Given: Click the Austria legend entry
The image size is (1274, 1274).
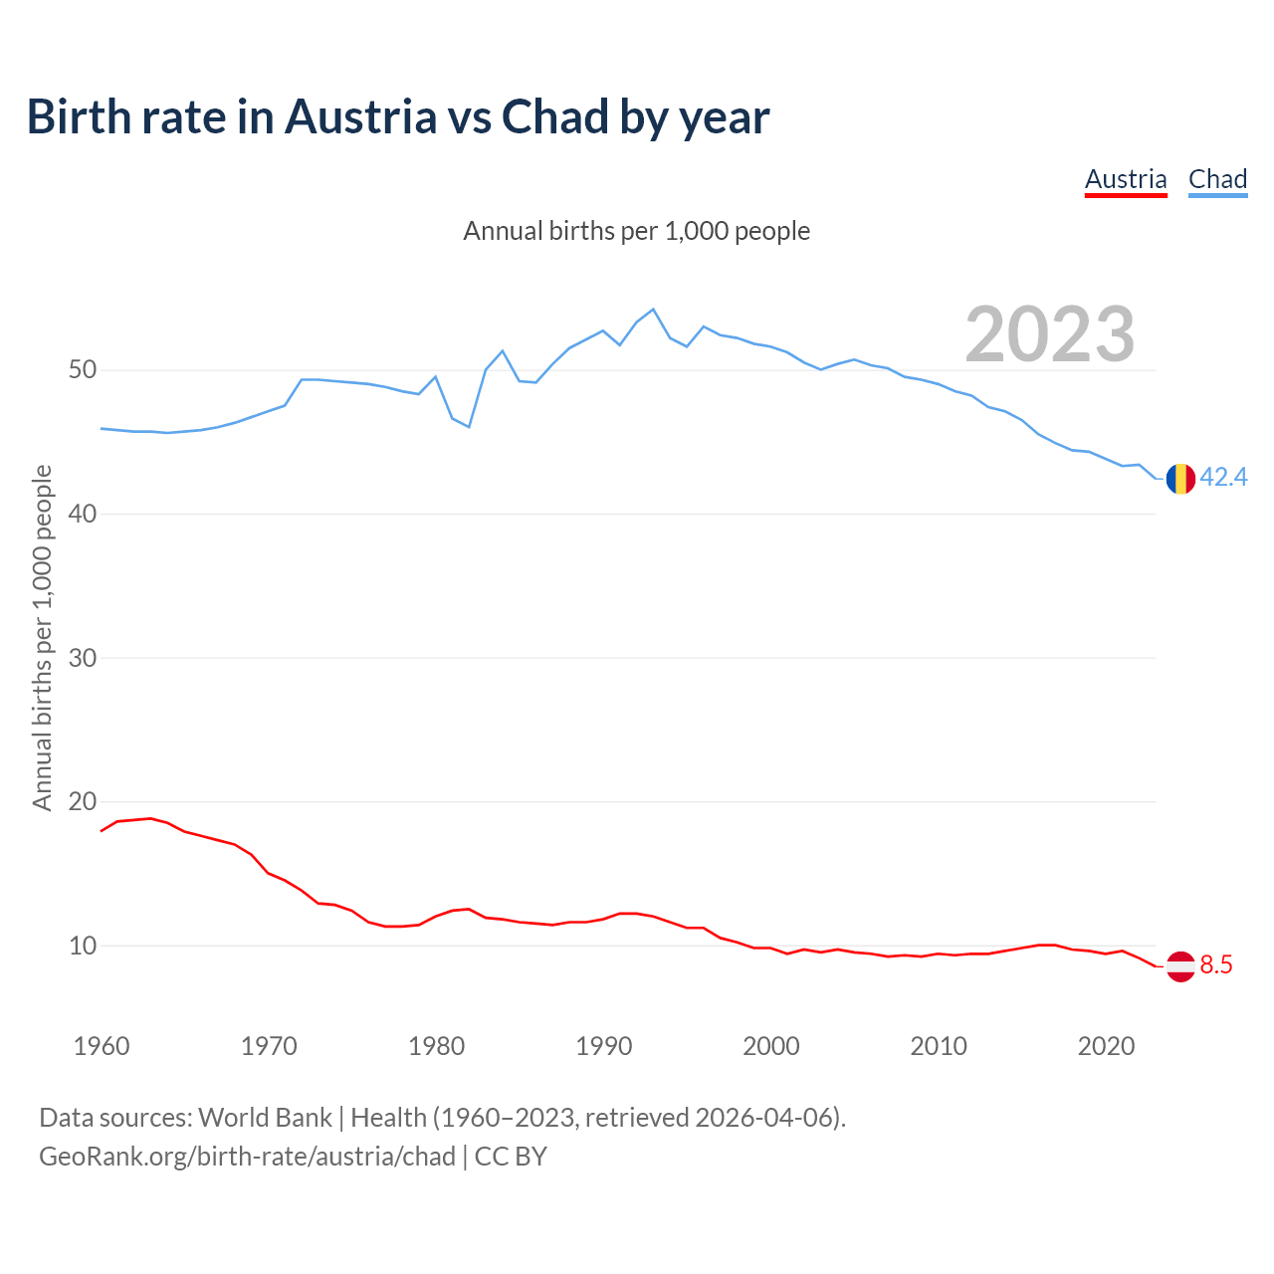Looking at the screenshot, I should click(x=1126, y=179).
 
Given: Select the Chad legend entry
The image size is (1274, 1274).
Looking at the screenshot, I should click(x=1217, y=179).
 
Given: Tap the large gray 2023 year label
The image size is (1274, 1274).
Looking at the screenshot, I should click(x=1050, y=334).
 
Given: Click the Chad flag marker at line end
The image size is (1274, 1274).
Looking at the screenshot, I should click(x=1180, y=479).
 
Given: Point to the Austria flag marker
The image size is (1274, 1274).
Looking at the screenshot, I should click(x=1180, y=965).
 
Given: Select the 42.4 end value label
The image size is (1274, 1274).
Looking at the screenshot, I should click(x=1223, y=478).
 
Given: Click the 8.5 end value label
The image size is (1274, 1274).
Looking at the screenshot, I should click(x=1216, y=964).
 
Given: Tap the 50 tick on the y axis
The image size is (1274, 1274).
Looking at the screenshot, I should click(x=83, y=370).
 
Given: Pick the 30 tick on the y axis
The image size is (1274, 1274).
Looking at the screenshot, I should click(x=83, y=658).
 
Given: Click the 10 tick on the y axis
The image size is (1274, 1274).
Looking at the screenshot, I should click(x=83, y=946).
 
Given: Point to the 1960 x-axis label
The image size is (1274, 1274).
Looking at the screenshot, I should click(x=102, y=1046).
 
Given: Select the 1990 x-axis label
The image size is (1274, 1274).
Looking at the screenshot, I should click(x=604, y=1046).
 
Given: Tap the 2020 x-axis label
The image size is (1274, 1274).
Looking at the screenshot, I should click(x=1106, y=1046).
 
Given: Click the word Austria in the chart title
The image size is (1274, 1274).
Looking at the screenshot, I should click(x=360, y=116).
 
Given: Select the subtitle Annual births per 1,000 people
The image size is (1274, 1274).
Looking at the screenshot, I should click(x=637, y=231).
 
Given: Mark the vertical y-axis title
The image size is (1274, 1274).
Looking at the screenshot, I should click(x=42, y=637).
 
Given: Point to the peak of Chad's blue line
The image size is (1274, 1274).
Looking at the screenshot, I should click(x=653, y=310).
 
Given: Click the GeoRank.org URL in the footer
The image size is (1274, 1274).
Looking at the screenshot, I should click(x=247, y=1156).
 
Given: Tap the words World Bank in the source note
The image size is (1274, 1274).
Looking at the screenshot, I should click(x=265, y=1117).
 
